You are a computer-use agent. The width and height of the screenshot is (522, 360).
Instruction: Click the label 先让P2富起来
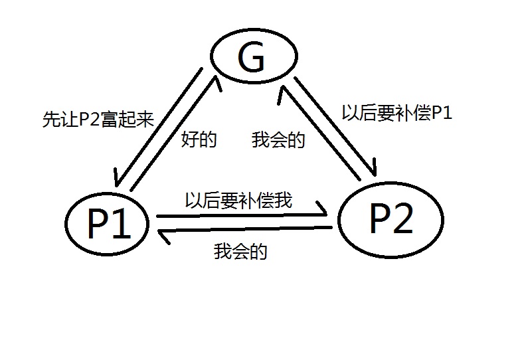(98, 120)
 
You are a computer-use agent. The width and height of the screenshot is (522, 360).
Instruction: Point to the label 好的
(199, 140)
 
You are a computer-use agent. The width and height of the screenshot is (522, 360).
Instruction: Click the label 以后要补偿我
(238, 200)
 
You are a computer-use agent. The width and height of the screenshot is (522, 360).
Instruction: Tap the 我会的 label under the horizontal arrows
(241, 252)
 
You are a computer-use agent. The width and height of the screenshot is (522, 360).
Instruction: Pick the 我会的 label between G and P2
(278, 140)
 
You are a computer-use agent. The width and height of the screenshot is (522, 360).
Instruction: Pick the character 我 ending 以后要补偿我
(284, 200)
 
